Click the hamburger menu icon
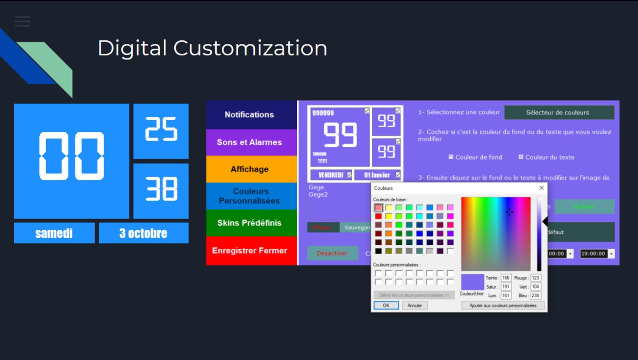point(22,21)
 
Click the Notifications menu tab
point(249,115)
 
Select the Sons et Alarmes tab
point(249,142)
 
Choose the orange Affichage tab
point(249,169)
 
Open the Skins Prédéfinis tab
point(249,223)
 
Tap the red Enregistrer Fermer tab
point(249,251)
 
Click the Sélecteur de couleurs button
point(559,113)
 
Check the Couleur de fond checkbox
point(451,157)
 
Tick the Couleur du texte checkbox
point(521,157)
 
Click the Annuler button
point(415,306)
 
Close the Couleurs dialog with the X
point(541,188)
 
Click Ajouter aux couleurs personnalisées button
point(503,306)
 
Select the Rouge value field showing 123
point(536,278)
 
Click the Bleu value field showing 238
point(536,296)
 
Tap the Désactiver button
point(332,253)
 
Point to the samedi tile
point(54,233)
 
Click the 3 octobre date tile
point(143,233)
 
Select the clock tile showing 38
point(161,191)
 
